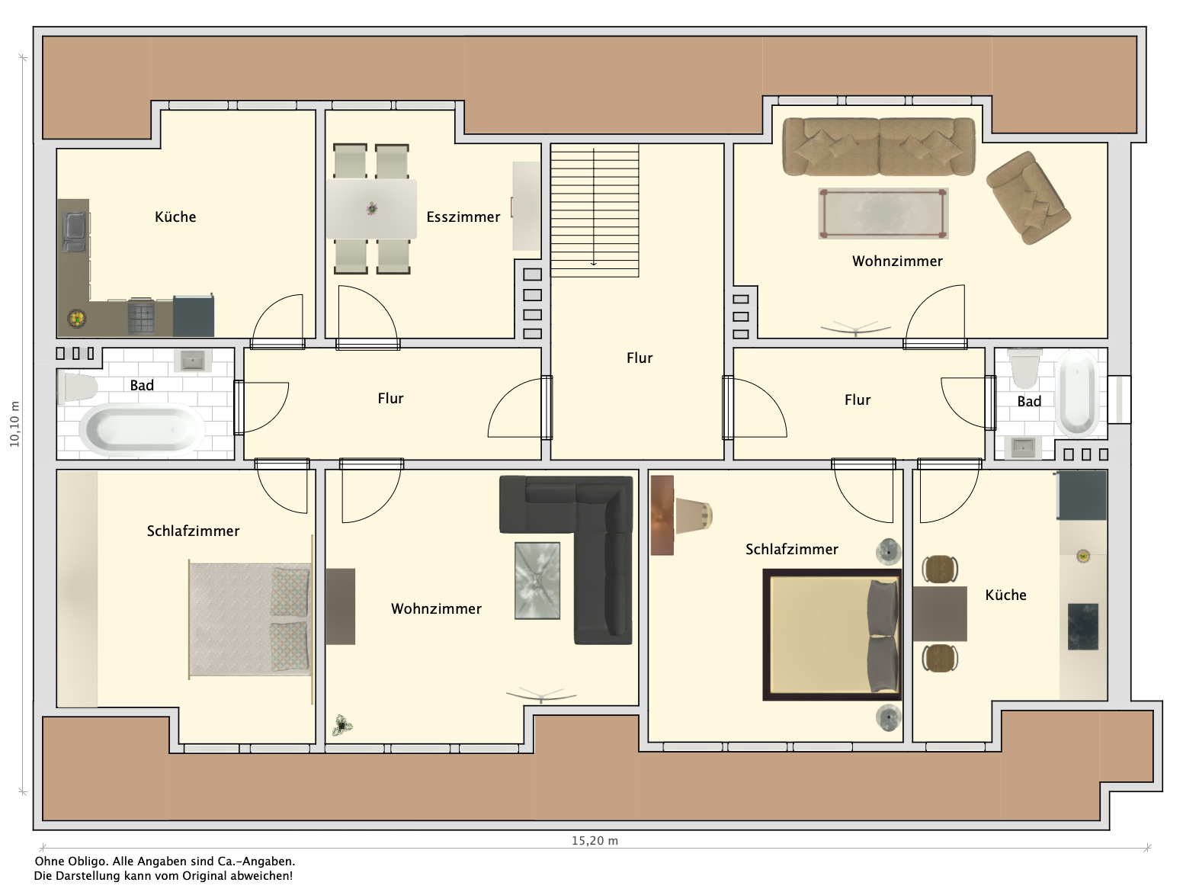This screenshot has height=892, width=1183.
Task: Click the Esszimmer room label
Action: [x=463, y=217]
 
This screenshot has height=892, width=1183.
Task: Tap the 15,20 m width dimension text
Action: [x=595, y=840]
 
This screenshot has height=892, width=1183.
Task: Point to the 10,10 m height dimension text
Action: [x=14, y=424]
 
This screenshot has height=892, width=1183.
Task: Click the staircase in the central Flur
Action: [x=595, y=210]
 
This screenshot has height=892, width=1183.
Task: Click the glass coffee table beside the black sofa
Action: [x=537, y=580]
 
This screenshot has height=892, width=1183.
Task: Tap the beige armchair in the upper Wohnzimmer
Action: [x=1028, y=197]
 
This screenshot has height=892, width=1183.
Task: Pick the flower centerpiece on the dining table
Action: [x=372, y=207]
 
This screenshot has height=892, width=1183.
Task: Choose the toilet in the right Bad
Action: [x=1024, y=368]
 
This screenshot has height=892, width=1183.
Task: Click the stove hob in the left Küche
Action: [x=141, y=317]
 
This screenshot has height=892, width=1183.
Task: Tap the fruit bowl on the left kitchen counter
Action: [x=76, y=319]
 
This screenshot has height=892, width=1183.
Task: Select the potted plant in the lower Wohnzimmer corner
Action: [x=342, y=726]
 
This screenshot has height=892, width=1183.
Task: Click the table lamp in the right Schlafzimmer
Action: [x=694, y=515]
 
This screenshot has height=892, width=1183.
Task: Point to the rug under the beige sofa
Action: [x=883, y=213]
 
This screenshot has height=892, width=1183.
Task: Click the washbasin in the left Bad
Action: [x=192, y=361]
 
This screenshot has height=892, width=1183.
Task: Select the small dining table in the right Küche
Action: [x=939, y=614]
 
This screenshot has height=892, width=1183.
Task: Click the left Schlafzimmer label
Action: [x=193, y=531]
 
